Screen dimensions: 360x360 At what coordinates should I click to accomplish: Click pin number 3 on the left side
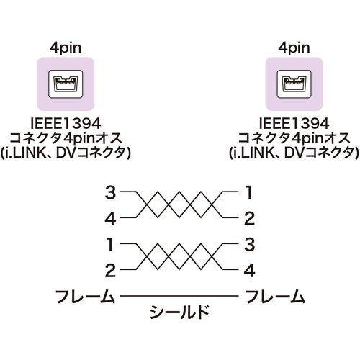pos(109,192)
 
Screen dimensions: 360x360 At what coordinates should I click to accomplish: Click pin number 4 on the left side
pos(109,216)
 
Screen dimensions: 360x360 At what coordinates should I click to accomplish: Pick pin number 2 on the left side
pos(109,270)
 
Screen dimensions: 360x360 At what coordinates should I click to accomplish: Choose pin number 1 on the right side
pos(249,192)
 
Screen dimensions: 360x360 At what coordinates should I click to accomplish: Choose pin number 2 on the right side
pos(249,216)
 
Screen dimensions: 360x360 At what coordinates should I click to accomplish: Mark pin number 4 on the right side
pos(249,270)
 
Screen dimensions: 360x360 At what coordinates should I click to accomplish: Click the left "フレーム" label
pos(86,296)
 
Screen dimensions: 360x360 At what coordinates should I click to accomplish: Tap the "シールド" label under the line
pos(180,312)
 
